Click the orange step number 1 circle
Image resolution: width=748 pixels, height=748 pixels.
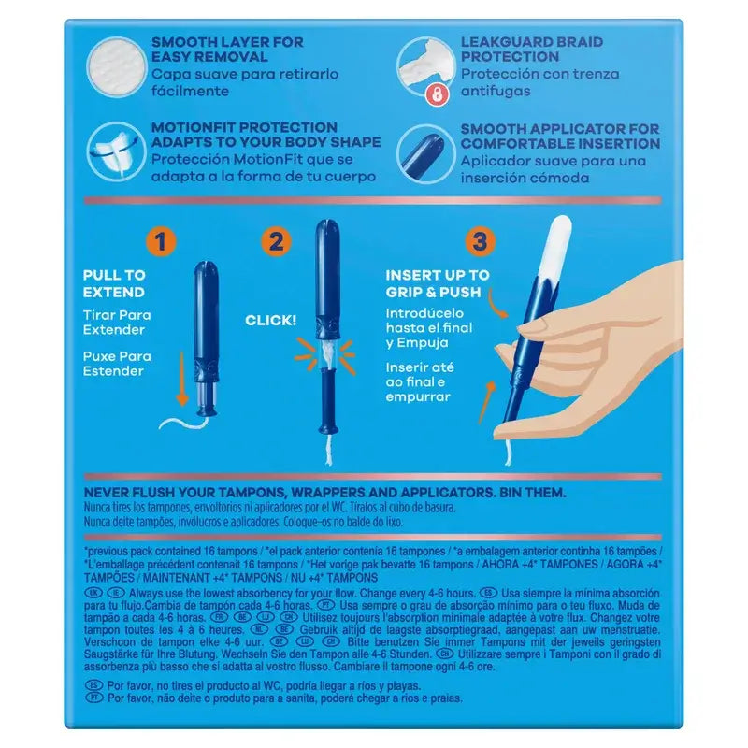point(162,243)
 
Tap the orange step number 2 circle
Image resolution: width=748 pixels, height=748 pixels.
point(275,243)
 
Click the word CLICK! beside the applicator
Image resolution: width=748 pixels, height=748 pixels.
point(271,321)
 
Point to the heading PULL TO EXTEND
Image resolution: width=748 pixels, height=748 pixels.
point(114,283)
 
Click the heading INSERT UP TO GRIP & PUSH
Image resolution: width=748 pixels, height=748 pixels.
point(438,283)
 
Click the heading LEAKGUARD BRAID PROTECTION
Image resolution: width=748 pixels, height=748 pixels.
point(531,50)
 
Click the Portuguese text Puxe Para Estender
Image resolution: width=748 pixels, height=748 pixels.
point(117,364)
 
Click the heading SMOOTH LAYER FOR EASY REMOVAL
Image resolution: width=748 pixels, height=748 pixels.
point(227,50)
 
